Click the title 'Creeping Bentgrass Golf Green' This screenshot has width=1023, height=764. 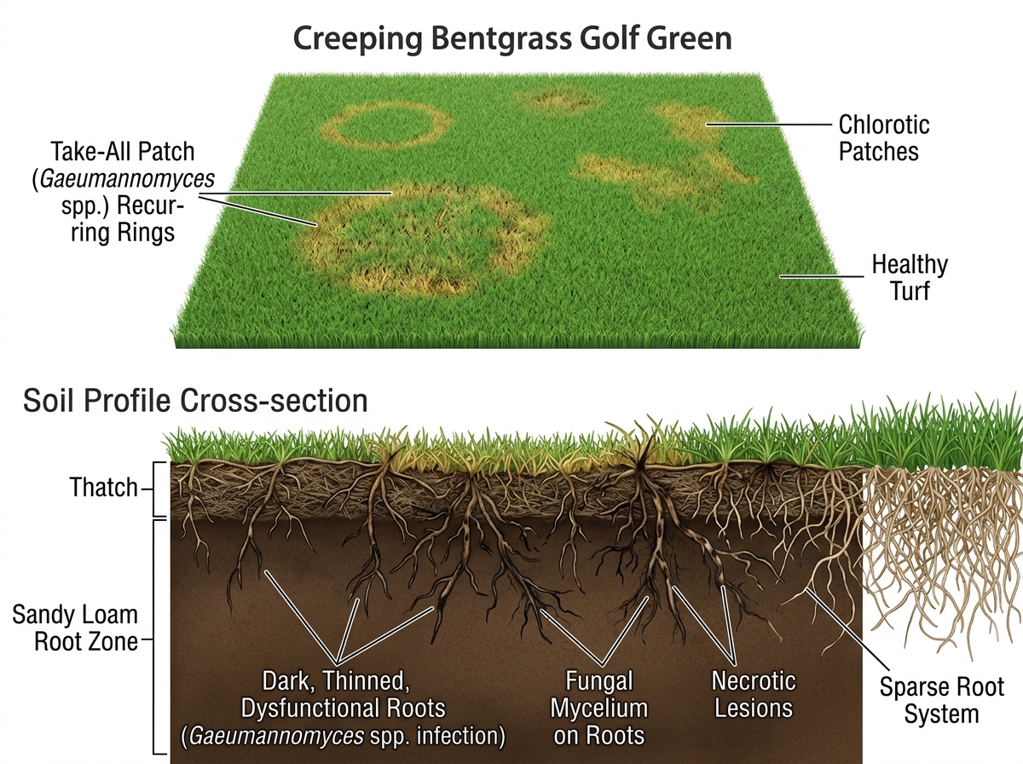[x=512, y=40]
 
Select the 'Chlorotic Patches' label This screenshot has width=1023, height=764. [x=883, y=138]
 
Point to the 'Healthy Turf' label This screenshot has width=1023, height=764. [x=909, y=277]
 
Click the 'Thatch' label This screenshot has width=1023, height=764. [x=103, y=488]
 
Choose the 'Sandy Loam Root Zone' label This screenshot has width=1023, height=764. [x=75, y=628]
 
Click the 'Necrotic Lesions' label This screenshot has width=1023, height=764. [x=754, y=694]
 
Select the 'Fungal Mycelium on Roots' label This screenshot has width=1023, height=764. [x=599, y=708]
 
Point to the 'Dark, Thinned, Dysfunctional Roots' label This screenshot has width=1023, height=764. [x=344, y=694]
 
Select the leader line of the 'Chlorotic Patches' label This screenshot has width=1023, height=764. [x=767, y=124]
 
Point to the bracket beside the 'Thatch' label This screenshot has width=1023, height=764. [x=158, y=488]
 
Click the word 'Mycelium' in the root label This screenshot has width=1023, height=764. [x=599, y=709]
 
